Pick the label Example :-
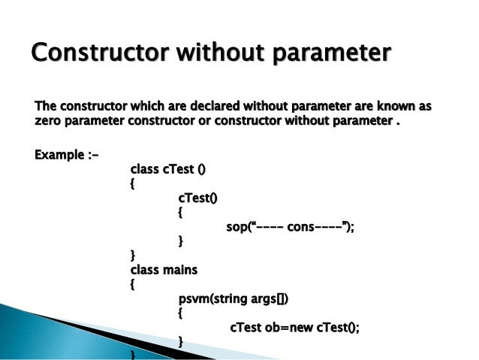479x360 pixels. coord(67,156)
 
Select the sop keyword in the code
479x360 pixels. coord(236,227)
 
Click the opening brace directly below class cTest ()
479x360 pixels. coord(133,184)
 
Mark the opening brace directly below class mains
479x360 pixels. coord(133,285)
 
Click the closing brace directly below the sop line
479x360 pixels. coord(181,241)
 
